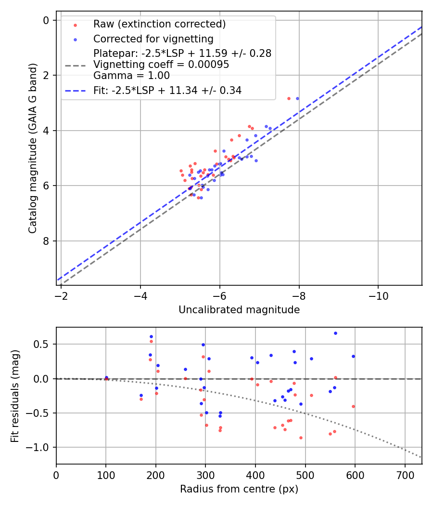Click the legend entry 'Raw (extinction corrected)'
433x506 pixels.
[159, 24]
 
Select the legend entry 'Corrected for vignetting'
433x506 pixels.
[153, 39]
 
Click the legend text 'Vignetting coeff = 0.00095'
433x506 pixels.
[161, 65]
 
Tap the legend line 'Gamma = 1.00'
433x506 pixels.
[131, 76]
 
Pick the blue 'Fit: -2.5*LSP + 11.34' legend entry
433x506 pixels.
[167, 90]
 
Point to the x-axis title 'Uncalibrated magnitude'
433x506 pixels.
[239, 310]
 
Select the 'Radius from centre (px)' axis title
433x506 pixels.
[239, 489]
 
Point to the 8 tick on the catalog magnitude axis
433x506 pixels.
[46, 241]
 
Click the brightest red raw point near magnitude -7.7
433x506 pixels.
[289, 98]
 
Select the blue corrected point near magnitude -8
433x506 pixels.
[297, 98]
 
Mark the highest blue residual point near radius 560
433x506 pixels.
[335, 333]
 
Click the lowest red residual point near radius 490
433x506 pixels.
[301, 438]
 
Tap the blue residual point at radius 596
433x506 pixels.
[353, 356]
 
